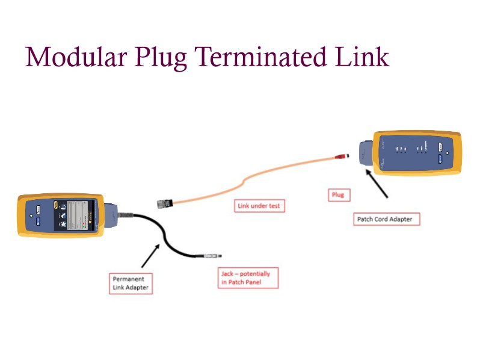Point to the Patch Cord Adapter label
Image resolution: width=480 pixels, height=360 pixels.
tap(385, 219)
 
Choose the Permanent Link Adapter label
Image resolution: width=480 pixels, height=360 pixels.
tap(130, 283)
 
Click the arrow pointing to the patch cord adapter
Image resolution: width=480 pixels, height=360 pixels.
tap(377, 183)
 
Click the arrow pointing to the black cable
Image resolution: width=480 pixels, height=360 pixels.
tap(150, 255)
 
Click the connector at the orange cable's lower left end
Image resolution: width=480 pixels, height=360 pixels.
tap(165, 202)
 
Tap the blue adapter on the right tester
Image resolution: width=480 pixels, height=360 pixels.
tap(367, 153)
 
